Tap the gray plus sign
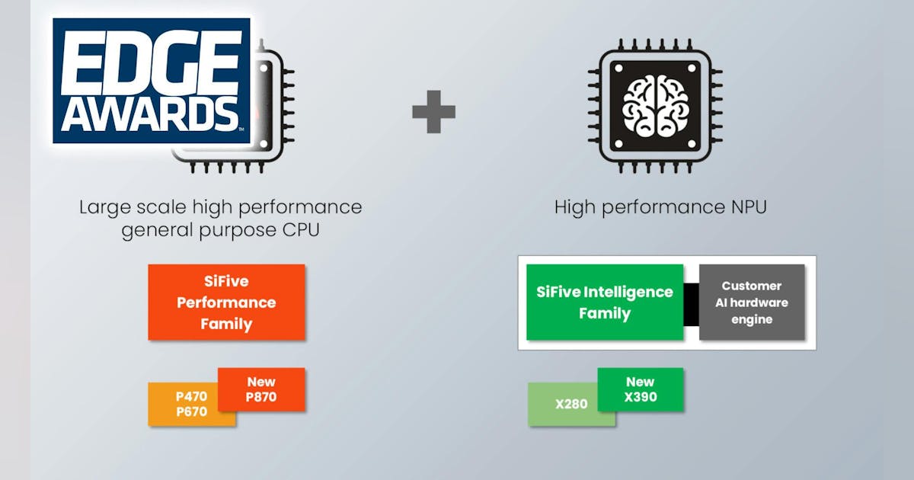(x=433, y=112)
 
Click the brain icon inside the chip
(x=654, y=107)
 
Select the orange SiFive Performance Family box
(x=226, y=302)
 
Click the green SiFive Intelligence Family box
(x=604, y=302)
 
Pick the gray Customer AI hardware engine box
(x=751, y=302)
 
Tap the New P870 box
(x=261, y=389)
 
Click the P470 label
(x=191, y=396)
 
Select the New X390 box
(x=641, y=389)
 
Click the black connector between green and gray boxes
(x=691, y=302)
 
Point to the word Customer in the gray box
(x=751, y=286)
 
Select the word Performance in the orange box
(x=226, y=302)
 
